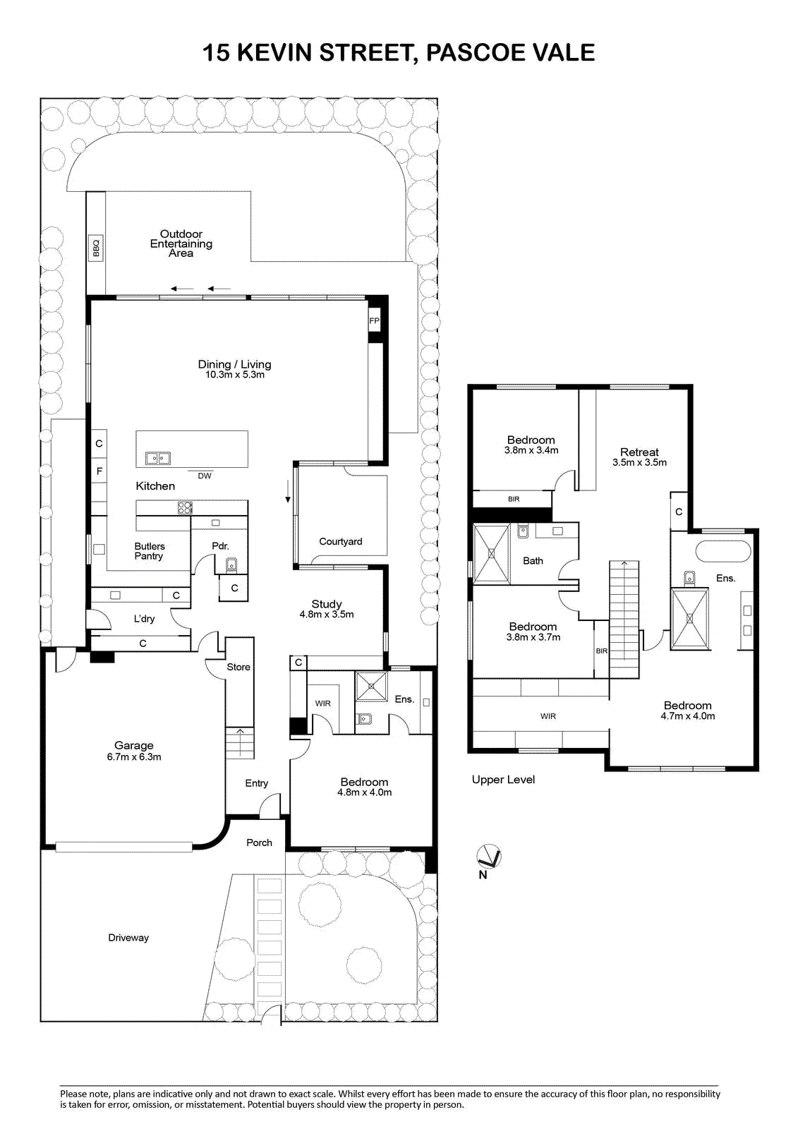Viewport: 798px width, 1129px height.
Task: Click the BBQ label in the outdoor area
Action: (96, 247)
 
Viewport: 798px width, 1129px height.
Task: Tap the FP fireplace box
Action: (374, 320)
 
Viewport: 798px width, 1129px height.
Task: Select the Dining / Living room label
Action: (234, 364)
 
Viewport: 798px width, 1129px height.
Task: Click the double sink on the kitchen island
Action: (158, 458)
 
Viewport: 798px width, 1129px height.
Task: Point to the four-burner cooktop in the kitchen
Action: (185, 507)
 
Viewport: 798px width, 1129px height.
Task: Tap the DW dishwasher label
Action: (204, 476)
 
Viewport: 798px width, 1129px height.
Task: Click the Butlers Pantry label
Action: (149, 551)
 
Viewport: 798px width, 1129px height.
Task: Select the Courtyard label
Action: (340, 541)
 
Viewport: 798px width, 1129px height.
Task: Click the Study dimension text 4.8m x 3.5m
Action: (327, 615)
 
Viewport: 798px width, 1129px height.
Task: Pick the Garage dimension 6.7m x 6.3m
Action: (134, 756)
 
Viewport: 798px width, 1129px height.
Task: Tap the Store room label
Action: (238, 667)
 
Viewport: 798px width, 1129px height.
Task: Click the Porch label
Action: (259, 843)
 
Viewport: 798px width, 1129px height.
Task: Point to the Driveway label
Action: (128, 938)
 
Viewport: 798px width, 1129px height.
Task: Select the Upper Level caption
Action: (503, 779)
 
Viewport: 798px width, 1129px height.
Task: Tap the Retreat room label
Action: (639, 452)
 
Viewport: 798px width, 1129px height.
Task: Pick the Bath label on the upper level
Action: (533, 560)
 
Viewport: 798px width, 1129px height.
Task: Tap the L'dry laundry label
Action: (144, 618)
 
